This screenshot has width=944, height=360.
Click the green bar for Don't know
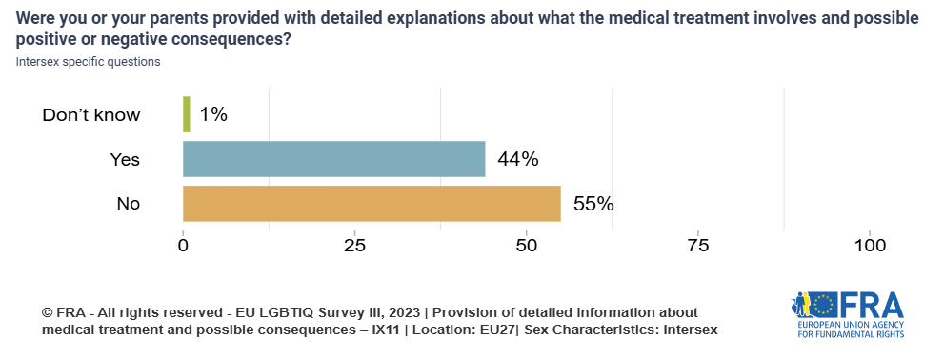187,114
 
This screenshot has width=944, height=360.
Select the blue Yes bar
333,159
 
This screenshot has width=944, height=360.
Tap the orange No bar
372,204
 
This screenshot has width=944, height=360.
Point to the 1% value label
213,114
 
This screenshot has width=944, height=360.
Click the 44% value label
517,159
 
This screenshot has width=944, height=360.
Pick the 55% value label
593,204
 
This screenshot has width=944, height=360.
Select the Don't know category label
91,115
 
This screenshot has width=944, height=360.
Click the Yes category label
125,160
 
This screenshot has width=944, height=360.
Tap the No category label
128,204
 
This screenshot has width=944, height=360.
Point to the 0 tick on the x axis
183,246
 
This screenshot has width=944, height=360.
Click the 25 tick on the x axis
354,246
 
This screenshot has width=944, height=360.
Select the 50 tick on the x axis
527,246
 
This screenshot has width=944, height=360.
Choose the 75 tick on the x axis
698,246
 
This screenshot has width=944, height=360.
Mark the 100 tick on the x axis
870,246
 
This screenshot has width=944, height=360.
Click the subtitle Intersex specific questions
88,62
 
